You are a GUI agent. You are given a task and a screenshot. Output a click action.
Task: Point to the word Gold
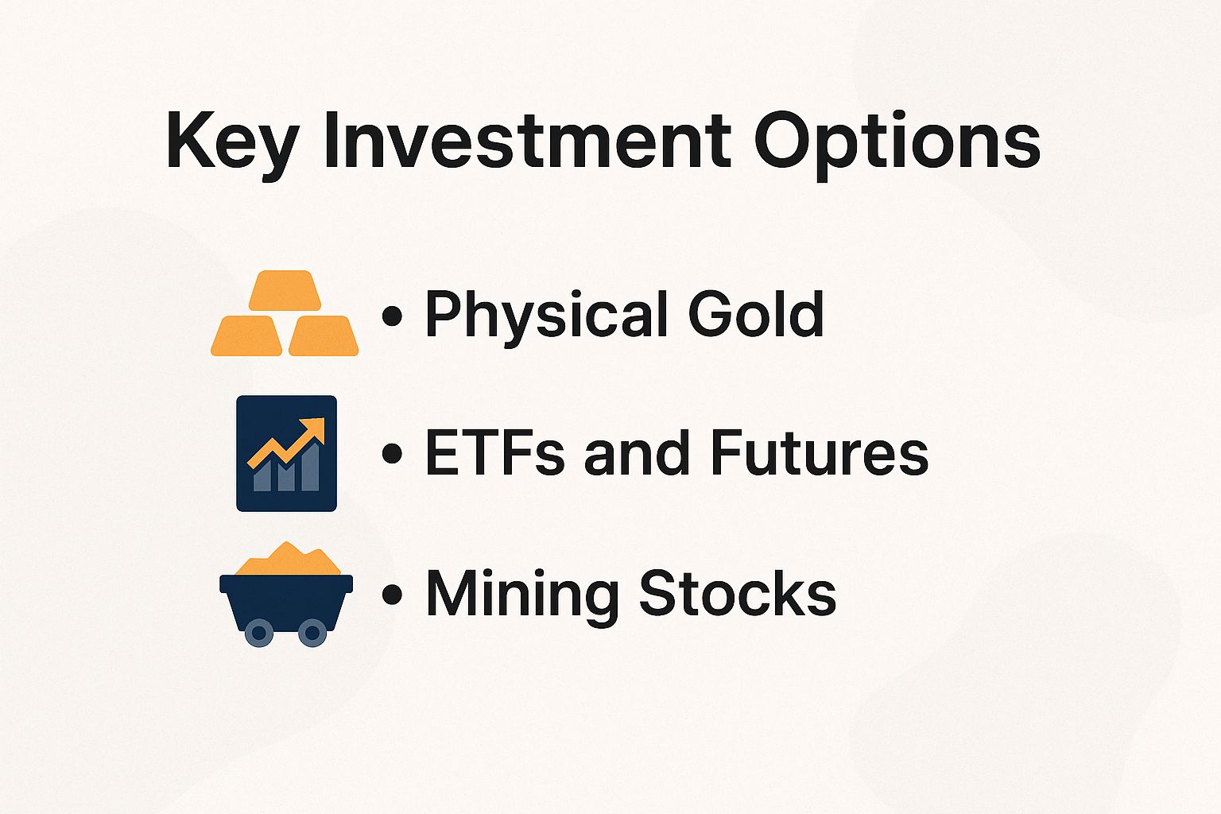pyautogui.click(x=755, y=313)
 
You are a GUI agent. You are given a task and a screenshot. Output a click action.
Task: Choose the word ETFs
pyautogui.click(x=496, y=453)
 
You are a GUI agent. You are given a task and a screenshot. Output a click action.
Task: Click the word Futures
pyautogui.click(x=819, y=453)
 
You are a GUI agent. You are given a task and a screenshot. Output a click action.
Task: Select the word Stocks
pyautogui.click(x=738, y=593)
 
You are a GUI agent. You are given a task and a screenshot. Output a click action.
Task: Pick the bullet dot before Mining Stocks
pyautogui.click(x=391, y=595)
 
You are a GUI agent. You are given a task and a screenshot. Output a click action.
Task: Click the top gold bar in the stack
pyautogui.click(x=285, y=290)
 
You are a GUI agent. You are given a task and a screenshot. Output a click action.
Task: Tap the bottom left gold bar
pyautogui.click(x=246, y=335)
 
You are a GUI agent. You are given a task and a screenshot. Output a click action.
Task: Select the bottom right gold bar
pyautogui.click(x=324, y=335)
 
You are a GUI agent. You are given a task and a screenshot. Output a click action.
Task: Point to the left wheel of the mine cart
pyautogui.click(x=258, y=633)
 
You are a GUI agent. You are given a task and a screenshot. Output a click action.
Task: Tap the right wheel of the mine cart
pyautogui.click(x=312, y=633)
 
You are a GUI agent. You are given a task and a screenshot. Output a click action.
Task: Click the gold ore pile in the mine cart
pyautogui.click(x=288, y=560)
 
